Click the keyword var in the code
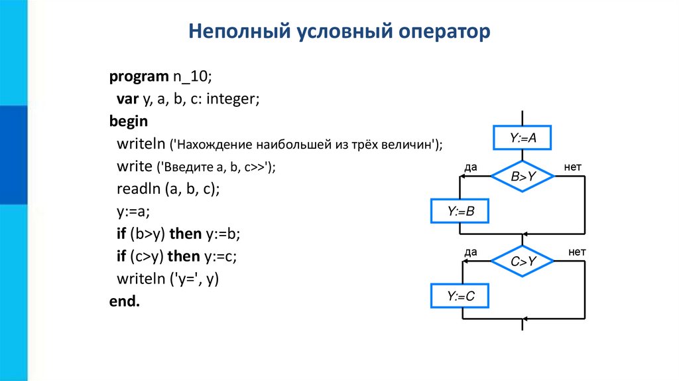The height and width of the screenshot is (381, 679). pos(127,100)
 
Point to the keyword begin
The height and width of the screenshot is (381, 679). pos(129,122)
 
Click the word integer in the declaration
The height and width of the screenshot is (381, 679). pos(233,100)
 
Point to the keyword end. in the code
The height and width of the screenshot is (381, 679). pos(125,301)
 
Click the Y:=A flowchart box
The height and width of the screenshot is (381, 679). pos(523,139)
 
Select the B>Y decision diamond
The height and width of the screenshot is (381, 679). pos(523,177)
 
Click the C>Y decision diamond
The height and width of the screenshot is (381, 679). pos(523,262)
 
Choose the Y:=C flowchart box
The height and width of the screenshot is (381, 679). pos(460,297)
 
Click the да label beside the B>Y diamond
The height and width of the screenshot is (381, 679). pos(471,167)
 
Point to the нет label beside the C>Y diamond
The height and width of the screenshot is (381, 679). pos(577,252)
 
